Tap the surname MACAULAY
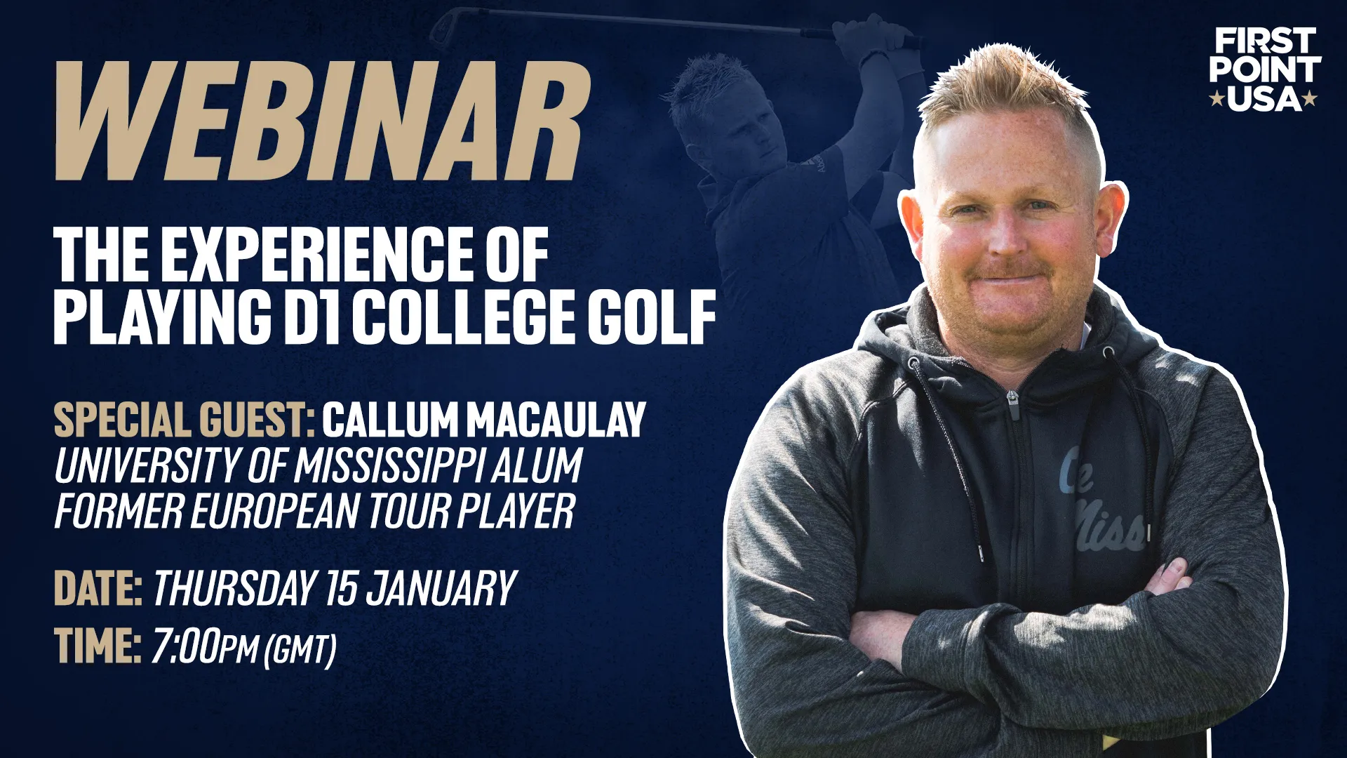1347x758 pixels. pyautogui.click(x=556, y=420)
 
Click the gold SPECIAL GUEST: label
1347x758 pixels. pyautogui.click(x=185, y=420)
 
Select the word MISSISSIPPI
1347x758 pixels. pyautogui.click(x=388, y=465)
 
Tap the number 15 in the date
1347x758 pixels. pyautogui.click(x=342, y=588)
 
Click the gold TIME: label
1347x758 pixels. pyautogui.click(x=98, y=646)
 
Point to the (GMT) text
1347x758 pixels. pyautogui.click(x=300, y=650)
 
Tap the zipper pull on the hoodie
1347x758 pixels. pyautogui.click(x=1012, y=404)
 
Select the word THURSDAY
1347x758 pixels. pyautogui.click(x=234, y=588)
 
